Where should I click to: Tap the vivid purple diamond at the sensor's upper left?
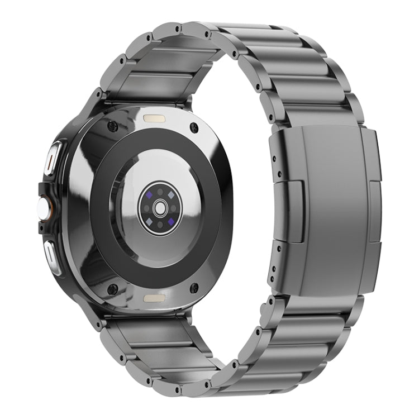(151, 194)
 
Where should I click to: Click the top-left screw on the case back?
(112, 127)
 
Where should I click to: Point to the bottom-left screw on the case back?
(112, 289)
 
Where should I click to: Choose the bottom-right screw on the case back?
(194, 288)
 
